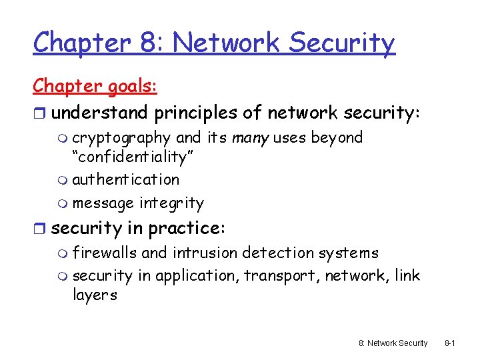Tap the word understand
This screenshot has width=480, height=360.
[x=100, y=113]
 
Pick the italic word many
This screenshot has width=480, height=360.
[x=247, y=138]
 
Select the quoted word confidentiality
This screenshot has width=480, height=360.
[x=131, y=157]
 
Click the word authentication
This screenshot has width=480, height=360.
[x=125, y=179]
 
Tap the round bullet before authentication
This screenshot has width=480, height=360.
[x=63, y=180]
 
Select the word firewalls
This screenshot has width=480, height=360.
[x=105, y=253]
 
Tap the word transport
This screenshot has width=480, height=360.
[x=281, y=275]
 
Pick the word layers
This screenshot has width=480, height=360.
[x=95, y=295]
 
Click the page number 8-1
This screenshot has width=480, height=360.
[x=449, y=343]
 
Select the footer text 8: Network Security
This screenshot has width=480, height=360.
[x=393, y=343]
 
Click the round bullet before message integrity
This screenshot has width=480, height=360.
[x=63, y=203]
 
